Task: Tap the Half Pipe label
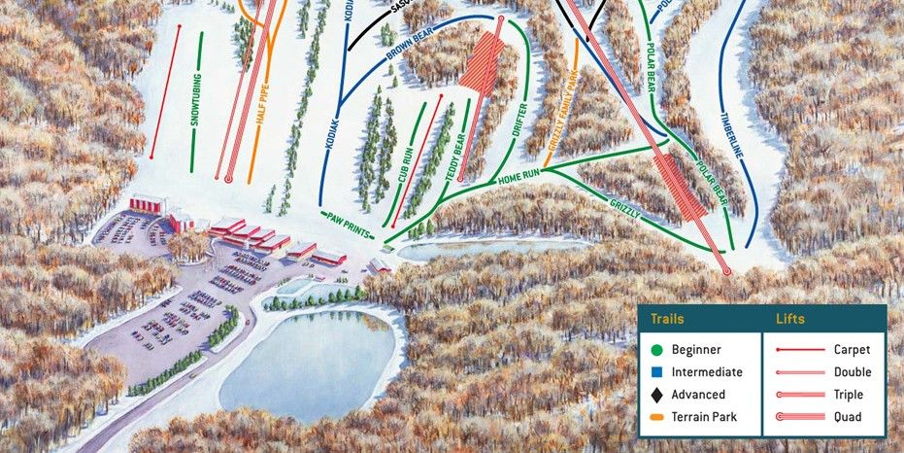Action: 262,111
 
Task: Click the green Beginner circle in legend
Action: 657,349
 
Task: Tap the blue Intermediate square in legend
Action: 657,371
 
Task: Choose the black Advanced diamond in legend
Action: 657,395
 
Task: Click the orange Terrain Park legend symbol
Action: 657,417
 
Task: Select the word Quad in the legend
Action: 846,418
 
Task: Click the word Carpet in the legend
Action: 852,349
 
